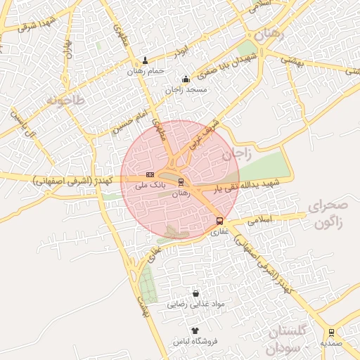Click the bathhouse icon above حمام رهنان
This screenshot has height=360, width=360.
[146, 60]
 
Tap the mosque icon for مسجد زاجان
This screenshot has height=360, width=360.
[186, 79]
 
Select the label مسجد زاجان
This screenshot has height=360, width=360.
[184, 90]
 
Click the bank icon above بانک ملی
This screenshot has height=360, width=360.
[150, 174]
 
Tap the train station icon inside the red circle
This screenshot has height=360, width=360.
[181, 182]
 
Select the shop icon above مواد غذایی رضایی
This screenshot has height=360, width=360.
[195, 293]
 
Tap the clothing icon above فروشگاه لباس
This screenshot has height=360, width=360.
[195, 330]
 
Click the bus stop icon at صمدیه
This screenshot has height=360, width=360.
[331, 333]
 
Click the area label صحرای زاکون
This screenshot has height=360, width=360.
[328, 214]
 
